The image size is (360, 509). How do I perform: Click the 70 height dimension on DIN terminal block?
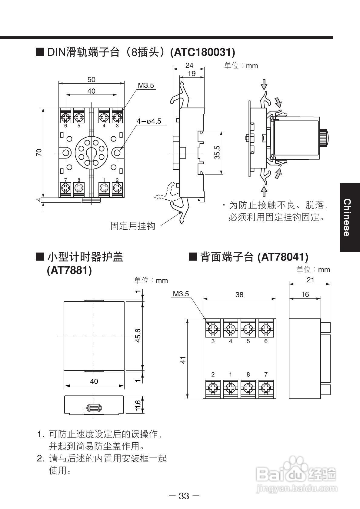[x=39, y=152]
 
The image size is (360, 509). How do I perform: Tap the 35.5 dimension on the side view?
[x=217, y=152]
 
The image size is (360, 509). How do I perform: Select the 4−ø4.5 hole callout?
[x=148, y=121]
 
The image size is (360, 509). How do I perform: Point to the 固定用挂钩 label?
[x=133, y=226]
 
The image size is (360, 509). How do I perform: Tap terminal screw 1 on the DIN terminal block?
[x=104, y=188]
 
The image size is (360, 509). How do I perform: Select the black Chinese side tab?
[x=350, y=217]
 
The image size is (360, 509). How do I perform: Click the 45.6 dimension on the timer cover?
[x=138, y=335]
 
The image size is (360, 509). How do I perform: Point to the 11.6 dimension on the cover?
[x=138, y=405]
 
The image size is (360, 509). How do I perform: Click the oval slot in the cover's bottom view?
[x=94, y=408]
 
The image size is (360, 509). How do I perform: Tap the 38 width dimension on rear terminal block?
[x=239, y=294]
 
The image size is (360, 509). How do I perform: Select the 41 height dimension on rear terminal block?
[x=183, y=360]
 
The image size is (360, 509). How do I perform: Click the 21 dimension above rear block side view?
[x=310, y=280]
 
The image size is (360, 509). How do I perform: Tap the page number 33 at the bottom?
[x=184, y=496]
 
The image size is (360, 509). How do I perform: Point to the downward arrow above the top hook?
[x=264, y=84]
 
